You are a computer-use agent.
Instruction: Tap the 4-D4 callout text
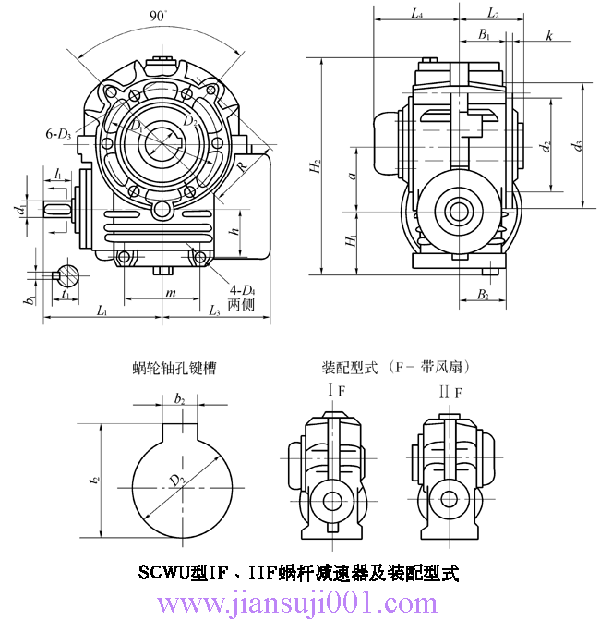coord(239,291)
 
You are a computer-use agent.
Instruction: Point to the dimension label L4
coord(416,14)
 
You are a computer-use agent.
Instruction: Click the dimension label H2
coord(317,167)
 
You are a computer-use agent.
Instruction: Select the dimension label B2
coord(484,295)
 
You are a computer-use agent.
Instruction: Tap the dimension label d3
coord(578,145)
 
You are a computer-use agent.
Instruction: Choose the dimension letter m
coord(170,292)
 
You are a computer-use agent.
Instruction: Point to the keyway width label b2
coord(180,399)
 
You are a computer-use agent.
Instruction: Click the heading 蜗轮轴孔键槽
coord(174,367)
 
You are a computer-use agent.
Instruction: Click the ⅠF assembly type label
coord(337,391)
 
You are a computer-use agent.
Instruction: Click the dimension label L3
coord(213,310)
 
